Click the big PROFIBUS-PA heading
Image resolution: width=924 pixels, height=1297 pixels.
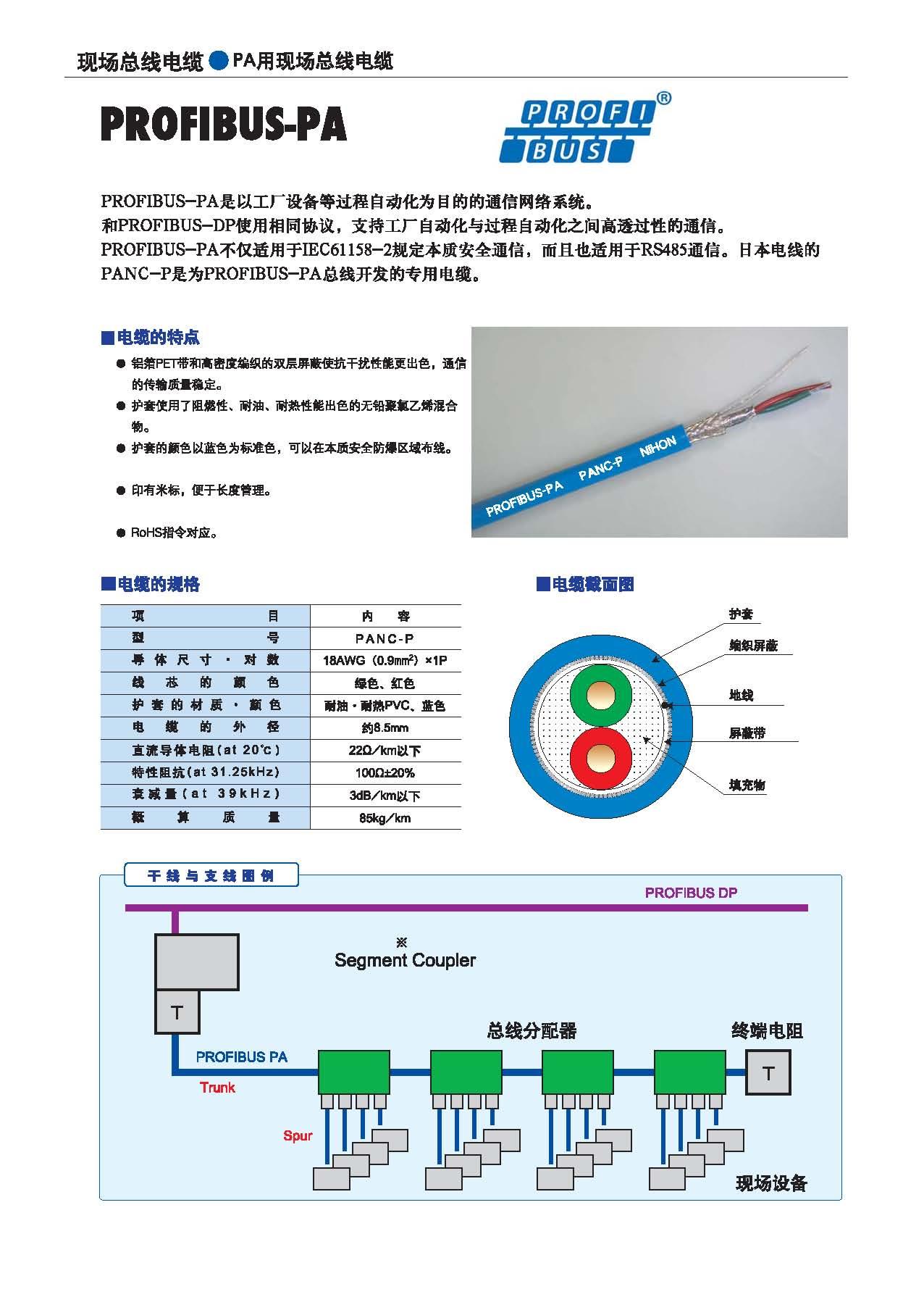[x=224, y=125]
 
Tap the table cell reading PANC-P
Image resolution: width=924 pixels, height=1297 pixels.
[x=385, y=638]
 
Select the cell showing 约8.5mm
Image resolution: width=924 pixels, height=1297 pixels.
[x=385, y=728]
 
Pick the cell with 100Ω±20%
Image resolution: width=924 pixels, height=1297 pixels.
[x=385, y=773]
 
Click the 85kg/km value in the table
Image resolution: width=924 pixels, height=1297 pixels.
[x=385, y=818]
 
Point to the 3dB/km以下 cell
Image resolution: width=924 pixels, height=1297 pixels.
[x=385, y=796]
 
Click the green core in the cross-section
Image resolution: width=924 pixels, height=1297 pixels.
[x=601, y=697]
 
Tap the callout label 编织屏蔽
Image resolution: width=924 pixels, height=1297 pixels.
[x=753, y=646]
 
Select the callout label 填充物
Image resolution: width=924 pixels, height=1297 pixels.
[x=747, y=785]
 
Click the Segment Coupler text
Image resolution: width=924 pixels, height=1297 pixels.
[x=405, y=961]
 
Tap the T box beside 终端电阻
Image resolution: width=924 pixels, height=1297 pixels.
[x=768, y=1072]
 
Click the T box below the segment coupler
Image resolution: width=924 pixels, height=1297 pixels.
[x=177, y=1012]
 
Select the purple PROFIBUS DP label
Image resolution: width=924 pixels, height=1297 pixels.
[x=691, y=893]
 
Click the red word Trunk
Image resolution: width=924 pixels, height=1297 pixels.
[x=218, y=1088]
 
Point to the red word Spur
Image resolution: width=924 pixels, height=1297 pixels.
[x=298, y=1135]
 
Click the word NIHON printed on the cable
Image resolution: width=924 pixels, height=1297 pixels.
[x=658, y=446]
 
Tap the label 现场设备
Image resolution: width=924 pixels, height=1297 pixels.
[x=771, y=1183]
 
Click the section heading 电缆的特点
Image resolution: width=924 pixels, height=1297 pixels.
[x=158, y=338]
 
